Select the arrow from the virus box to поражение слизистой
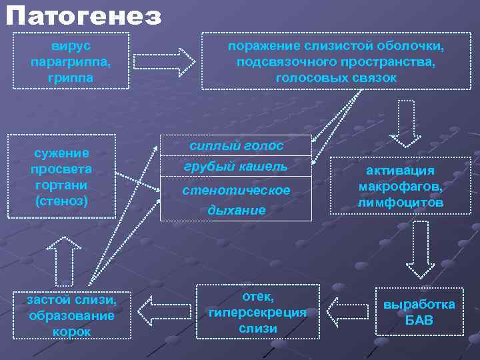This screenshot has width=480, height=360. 164,61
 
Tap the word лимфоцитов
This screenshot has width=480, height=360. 400,201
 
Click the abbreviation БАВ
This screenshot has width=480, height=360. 419,321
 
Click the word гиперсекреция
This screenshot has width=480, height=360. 257,312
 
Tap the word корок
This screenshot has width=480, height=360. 71,331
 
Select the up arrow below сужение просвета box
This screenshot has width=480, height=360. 64,261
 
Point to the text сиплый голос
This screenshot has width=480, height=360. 236,146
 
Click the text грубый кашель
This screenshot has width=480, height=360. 236,166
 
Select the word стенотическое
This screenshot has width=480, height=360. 236,191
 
